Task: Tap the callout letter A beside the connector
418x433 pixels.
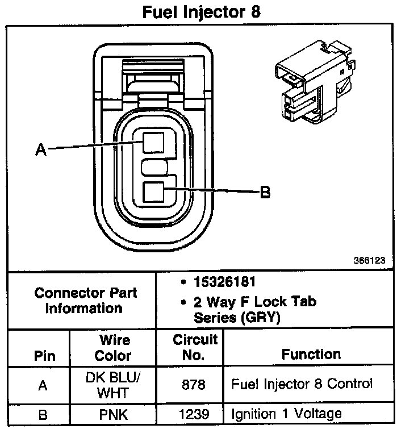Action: pos(40,149)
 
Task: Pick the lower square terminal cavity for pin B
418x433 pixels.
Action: pos(153,192)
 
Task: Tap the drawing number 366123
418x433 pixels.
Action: pos(369,261)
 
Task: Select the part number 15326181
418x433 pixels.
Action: pos(224,282)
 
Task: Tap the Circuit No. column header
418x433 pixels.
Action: pos(195,348)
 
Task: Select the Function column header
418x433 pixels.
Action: pos(311,355)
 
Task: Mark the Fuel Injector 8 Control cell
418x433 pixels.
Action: pos(302,384)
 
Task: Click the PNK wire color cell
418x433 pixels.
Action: pos(114,414)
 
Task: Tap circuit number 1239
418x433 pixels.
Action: pos(194,414)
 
